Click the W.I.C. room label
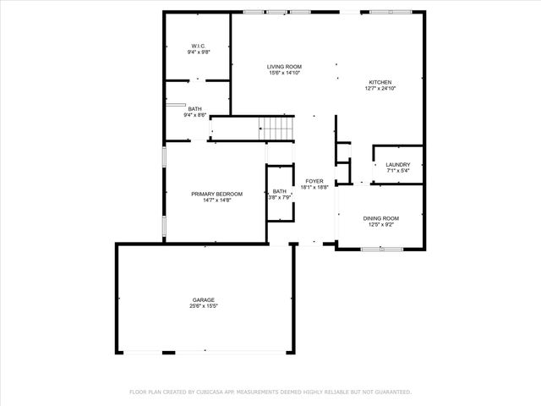[199, 46]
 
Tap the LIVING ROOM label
[284, 67]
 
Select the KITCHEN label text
[379, 82]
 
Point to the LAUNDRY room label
[397, 164]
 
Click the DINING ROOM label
[380, 218]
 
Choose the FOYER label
[314, 181]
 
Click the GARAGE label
[203, 299]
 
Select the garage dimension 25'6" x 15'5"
[203, 306]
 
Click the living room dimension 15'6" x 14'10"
[284, 74]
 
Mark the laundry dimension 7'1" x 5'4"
[397, 171]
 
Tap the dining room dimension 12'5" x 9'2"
[380, 225]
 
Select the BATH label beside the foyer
[279, 191]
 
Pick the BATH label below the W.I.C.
[195, 108]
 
